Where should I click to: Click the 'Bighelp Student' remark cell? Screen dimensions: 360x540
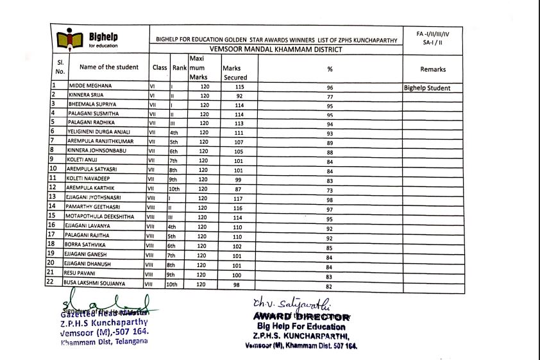427,88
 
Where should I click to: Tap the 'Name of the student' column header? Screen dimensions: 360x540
108,67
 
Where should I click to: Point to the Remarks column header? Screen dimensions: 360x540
433,69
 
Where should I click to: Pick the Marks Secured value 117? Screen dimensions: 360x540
240,198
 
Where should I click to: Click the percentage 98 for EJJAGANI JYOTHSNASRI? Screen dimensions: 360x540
330,200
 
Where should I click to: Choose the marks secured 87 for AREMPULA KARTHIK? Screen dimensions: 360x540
240,188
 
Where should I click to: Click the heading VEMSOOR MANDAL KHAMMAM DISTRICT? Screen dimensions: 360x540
276,49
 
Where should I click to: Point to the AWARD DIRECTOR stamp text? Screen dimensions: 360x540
302,316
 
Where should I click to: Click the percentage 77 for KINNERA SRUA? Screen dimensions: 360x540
330,97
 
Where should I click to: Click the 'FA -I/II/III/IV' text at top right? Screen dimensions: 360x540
433,33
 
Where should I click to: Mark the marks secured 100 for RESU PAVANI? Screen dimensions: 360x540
240,274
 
